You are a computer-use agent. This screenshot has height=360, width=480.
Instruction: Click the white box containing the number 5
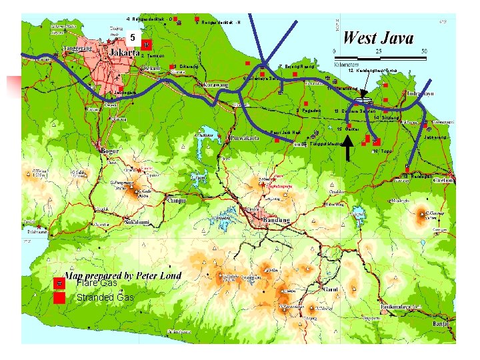coord(133,37)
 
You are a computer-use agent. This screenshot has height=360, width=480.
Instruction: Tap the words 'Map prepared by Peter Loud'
coord(123,275)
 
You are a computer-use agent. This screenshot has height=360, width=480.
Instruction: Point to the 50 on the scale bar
coord(423,51)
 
